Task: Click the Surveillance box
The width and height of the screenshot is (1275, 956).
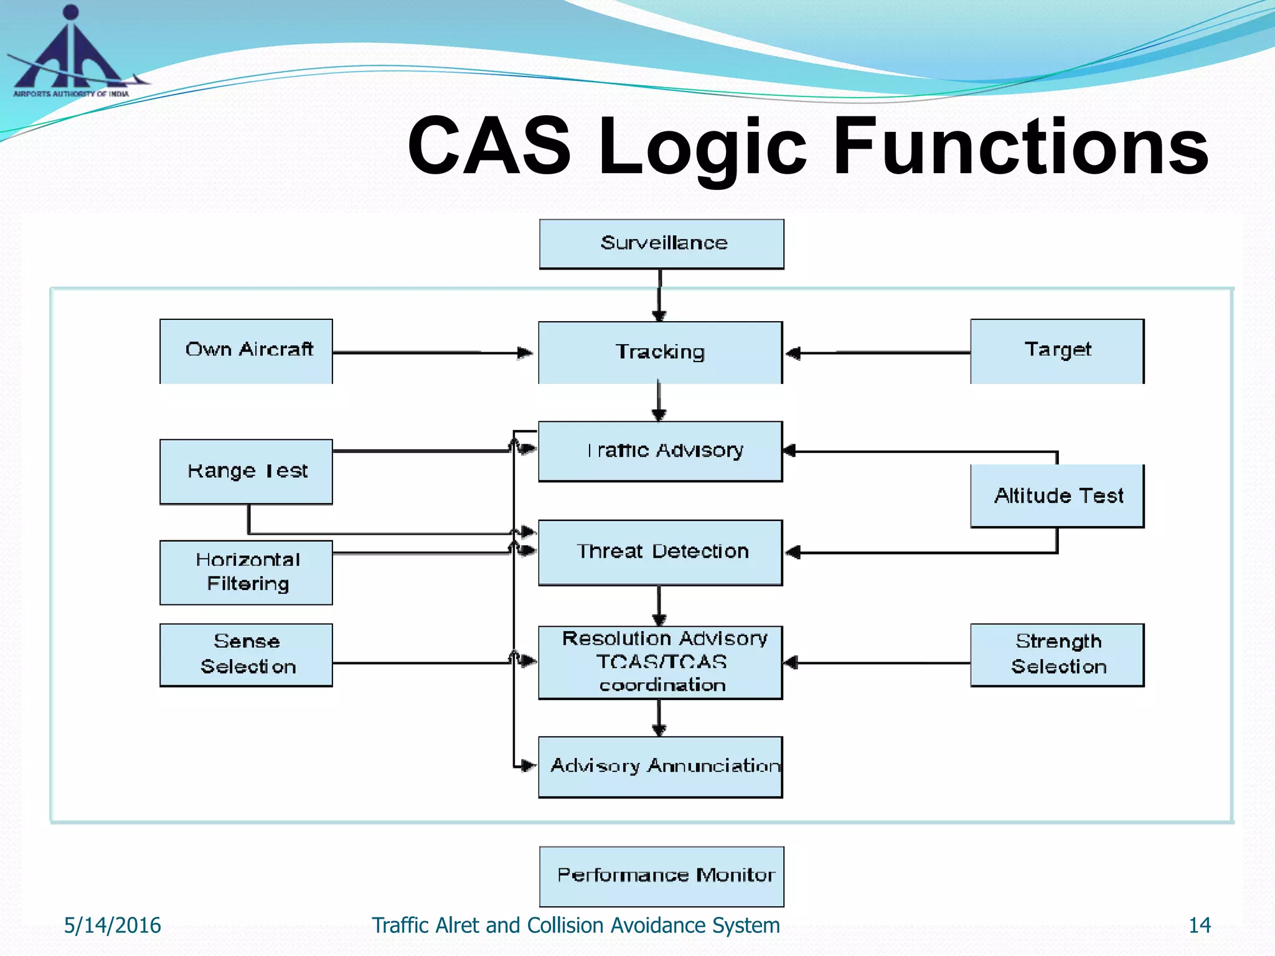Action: pos(661,243)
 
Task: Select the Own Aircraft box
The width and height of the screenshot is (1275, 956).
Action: pos(246,350)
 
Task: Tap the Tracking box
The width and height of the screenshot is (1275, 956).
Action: pos(660,352)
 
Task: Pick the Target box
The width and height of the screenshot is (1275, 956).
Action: pos(1057,350)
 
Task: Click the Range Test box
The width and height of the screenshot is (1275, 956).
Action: pos(246,471)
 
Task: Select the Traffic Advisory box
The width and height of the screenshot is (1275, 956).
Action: pos(660,451)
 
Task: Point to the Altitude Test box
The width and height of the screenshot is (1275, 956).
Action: pos(1057,495)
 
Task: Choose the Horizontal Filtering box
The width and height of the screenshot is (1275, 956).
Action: pos(246,572)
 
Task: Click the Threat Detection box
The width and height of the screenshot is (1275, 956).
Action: pos(660,552)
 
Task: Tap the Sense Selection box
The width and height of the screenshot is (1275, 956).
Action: pos(246,654)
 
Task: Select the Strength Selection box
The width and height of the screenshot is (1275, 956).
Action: pos(1057,654)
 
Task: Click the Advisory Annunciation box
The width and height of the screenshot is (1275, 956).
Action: pos(660,766)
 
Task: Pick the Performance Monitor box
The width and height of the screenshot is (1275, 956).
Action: pos(661,876)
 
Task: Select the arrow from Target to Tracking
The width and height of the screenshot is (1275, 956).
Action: pos(878,353)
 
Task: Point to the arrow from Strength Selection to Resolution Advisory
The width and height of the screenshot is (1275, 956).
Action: pos(878,663)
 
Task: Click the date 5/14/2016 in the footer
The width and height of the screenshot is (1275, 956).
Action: pos(112,926)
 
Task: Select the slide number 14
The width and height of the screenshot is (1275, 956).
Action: pos(1199,926)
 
